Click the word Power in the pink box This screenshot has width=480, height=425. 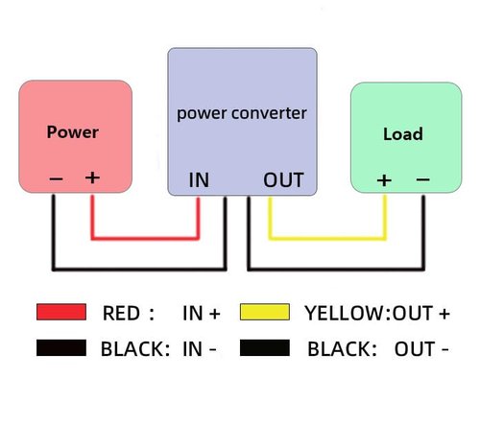point(73,132)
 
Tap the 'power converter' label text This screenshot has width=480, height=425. point(242,113)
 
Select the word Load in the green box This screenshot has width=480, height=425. point(403,134)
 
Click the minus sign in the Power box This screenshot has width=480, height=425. point(56,178)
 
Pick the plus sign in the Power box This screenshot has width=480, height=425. point(92,177)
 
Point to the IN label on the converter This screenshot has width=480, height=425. point(199,179)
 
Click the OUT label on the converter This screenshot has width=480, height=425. point(283,179)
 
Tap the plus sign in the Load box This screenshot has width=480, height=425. point(384,180)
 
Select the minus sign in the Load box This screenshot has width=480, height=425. point(422,179)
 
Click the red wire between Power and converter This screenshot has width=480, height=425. point(145,238)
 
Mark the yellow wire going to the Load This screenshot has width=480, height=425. point(327,238)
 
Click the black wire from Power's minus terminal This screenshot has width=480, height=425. point(139,269)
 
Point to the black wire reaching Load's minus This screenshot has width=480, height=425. point(336,269)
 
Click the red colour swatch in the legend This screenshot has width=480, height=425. point(61,312)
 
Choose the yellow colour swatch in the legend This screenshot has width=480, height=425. point(265,312)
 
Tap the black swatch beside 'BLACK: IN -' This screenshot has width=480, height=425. point(61,348)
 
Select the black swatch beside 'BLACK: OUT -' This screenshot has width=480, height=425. point(265,348)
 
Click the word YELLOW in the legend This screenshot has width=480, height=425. point(345,313)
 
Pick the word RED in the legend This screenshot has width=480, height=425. point(121,313)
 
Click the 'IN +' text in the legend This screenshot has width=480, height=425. point(202,313)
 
